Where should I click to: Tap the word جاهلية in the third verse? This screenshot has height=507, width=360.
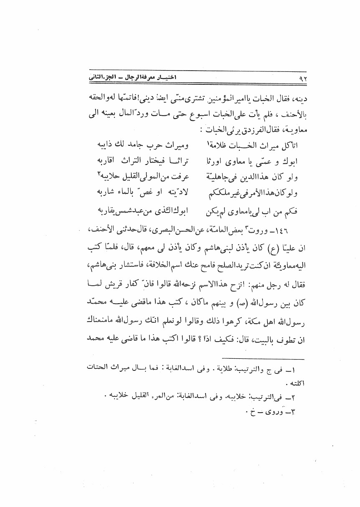[221, 177]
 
